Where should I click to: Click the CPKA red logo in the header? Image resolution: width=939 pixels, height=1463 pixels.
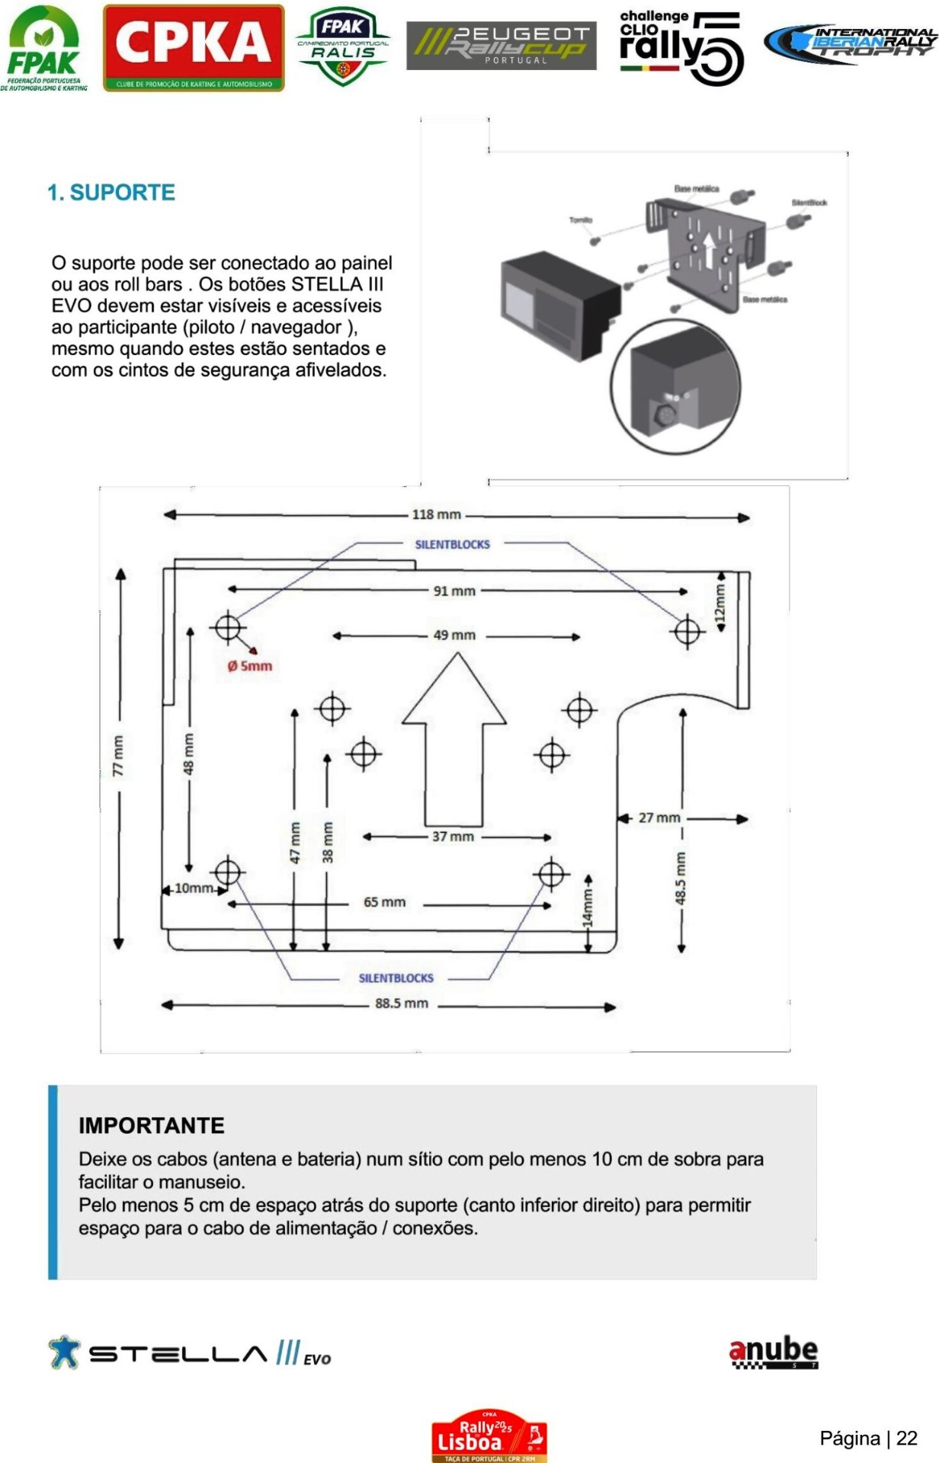(x=194, y=47)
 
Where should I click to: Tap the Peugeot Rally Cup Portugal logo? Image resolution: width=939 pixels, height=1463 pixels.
(x=501, y=46)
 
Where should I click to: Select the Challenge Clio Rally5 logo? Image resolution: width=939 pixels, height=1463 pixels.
(x=681, y=47)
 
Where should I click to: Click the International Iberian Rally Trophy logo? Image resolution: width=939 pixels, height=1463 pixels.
(x=851, y=43)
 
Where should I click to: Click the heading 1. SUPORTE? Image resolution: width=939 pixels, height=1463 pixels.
(x=111, y=193)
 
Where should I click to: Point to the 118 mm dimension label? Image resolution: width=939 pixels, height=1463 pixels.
(x=437, y=514)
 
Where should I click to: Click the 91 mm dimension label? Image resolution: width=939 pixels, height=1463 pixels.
(x=454, y=591)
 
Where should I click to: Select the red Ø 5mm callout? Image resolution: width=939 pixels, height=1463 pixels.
(x=249, y=665)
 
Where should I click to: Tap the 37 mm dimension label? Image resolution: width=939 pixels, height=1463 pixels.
(x=453, y=837)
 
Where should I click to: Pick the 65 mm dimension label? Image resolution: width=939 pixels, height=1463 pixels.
(x=385, y=902)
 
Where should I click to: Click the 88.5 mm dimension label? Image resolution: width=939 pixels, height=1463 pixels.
(x=402, y=1004)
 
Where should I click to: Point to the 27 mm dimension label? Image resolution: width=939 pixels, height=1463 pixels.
(x=659, y=818)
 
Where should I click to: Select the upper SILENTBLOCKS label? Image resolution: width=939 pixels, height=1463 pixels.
(x=453, y=544)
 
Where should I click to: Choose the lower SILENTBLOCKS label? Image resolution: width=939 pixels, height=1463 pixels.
(x=396, y=978)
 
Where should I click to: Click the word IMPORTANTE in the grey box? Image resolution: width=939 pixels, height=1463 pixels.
(x=152, y=1125)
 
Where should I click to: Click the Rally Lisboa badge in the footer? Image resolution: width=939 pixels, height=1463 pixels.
(x=489, y=1436)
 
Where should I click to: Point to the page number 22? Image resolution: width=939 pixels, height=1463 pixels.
(x=906, y=1439)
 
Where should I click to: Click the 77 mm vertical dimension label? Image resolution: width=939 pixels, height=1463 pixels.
(x=118, y=756)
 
